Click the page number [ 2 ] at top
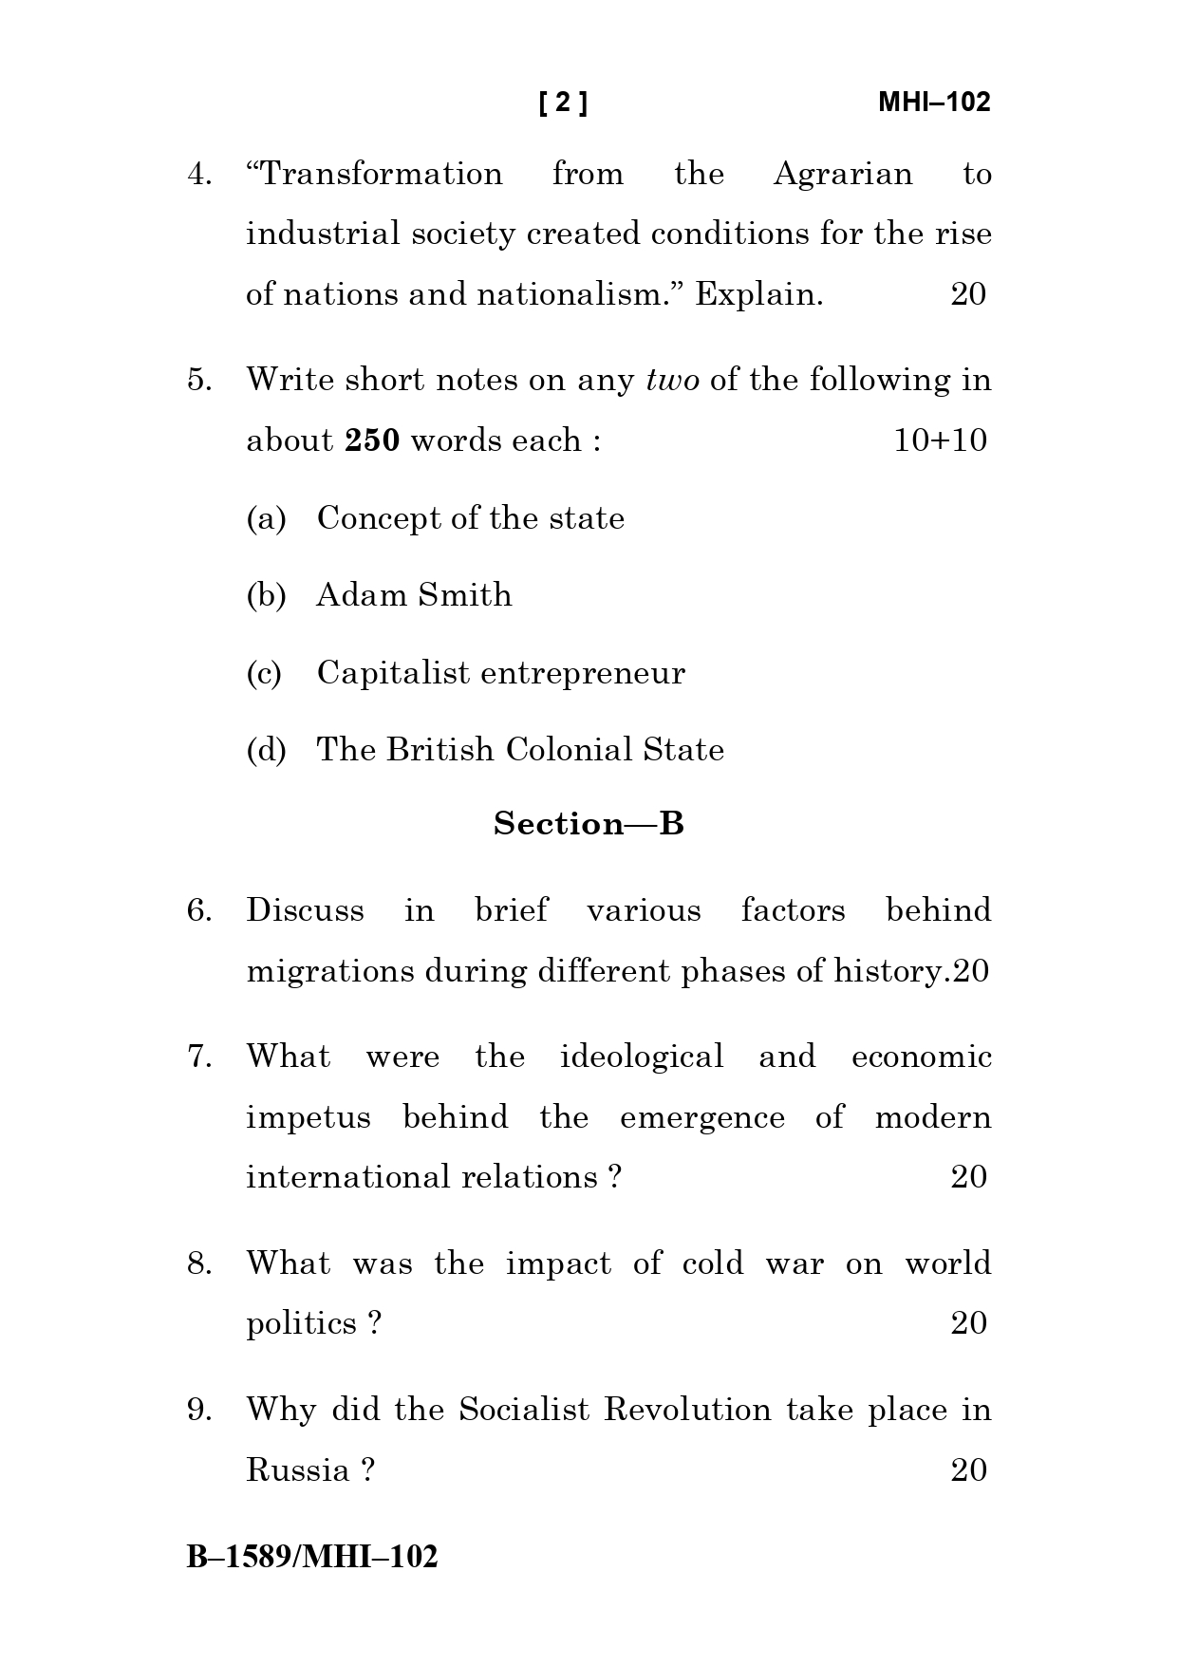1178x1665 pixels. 563,103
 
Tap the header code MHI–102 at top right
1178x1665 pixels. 933,103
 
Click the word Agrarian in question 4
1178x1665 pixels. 842,175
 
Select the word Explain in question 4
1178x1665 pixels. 757,294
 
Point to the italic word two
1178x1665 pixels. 672,381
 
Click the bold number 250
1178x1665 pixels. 372,440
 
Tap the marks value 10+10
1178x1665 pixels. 940,440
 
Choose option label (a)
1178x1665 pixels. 266,518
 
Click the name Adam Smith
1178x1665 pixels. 414,595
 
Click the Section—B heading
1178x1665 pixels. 589,824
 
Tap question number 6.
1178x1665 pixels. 198,910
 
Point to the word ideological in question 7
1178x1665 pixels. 642,1057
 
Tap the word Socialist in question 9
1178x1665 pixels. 524,1410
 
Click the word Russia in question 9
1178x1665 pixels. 298,1470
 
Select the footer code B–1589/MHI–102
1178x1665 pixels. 312,1557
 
